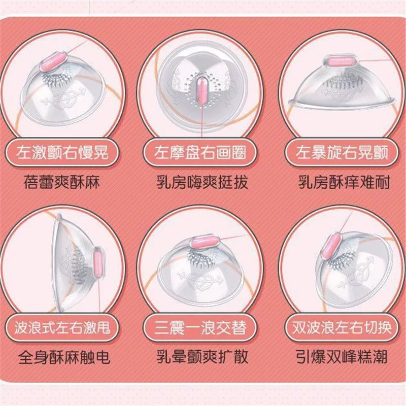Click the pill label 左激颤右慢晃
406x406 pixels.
pyautogui.click(x=62, y=152)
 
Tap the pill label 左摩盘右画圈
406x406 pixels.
pyautogui.click(x=200, y=152)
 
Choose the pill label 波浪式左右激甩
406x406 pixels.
pyautogui.click(x=62, y=327)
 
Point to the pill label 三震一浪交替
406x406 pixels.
pyautogui.click(x=200, y=327)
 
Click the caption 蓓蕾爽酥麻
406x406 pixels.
pyautogui.click(x=61, y=182)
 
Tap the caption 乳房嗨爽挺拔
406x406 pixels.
pyautogui.click(x=202, y=182)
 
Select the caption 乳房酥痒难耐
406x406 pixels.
pyautogui.click(x=344, y=182)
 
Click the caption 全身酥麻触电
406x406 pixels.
pyautogui.click(x=64, y=357)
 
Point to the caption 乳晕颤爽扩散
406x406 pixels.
pyautogui.click(x=202, y=357)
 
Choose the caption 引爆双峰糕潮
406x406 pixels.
pyautogui.click(x=342, y=357)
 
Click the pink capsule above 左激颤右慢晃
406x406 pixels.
pyautogui.click(x=54, y=61)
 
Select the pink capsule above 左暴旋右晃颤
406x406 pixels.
pyautogui.click(x=339, y=62)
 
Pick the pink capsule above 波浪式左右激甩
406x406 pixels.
pyautogui.click(x=98, y=263)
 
